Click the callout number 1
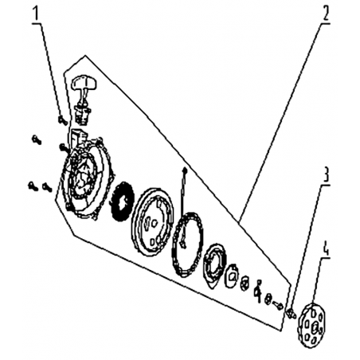point(36,14)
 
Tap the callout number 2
point(326,13)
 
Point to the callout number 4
point(326,248)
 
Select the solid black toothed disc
point(122,201)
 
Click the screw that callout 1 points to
point(63,120)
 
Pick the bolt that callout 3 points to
point(291,314)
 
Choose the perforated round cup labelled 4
point(311,326)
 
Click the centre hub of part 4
point(315,327)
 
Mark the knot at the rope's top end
point(185,170)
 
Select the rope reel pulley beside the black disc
point(152,221)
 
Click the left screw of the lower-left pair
point(33,186)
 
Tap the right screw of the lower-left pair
point(47,186)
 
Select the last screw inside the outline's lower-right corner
point(278,304)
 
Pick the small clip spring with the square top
point(258,291)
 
